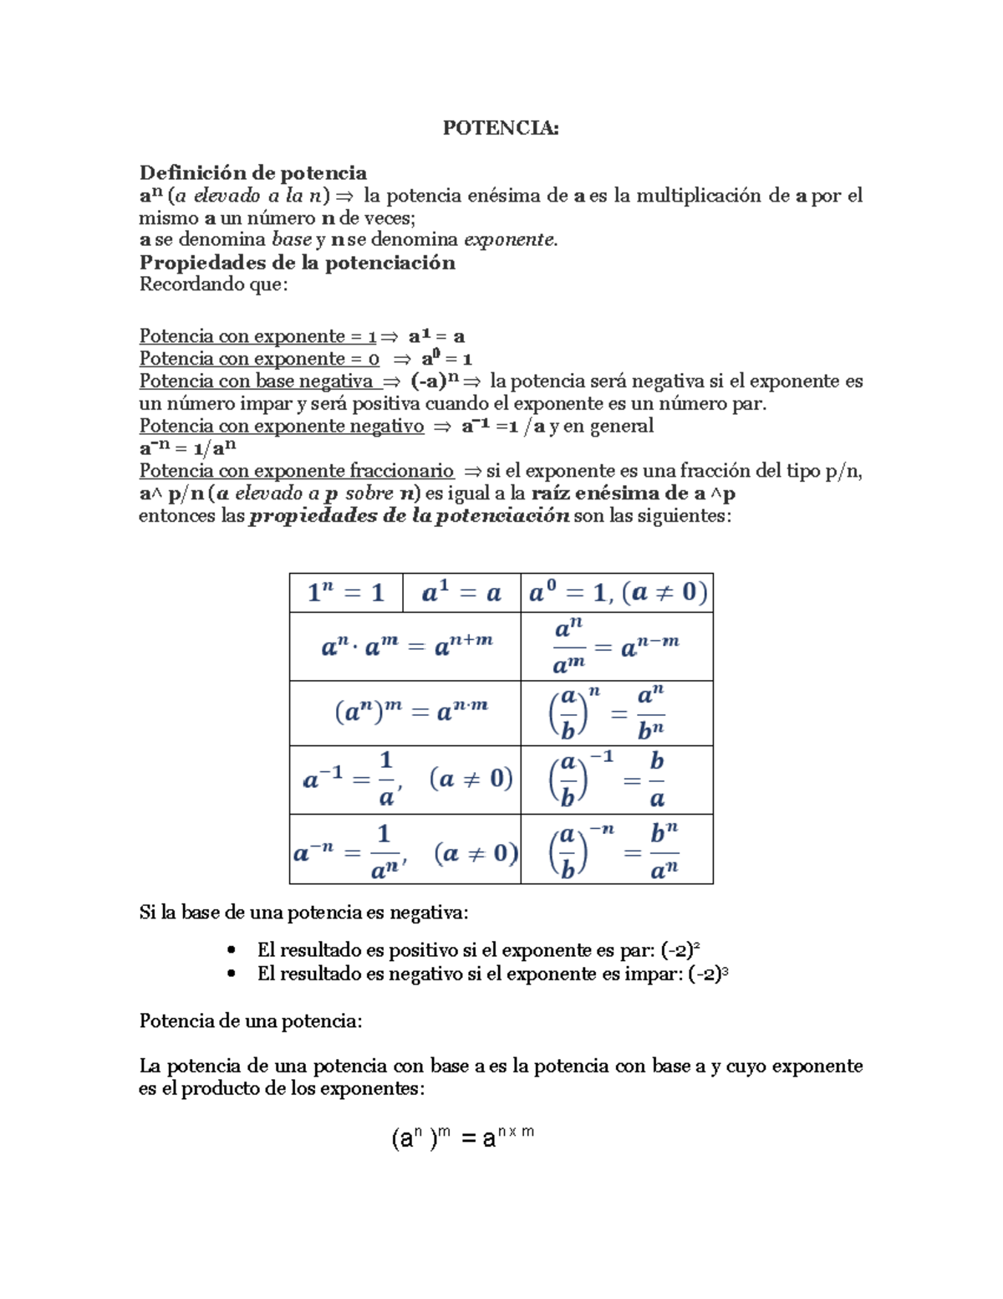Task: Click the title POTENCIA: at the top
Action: point(500,127)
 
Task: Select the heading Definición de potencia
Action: point(252,172)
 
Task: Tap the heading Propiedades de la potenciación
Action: point(297,263)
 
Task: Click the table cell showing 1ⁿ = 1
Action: point(345,593)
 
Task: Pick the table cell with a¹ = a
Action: point(461,593)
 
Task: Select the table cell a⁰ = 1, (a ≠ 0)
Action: point(617,593)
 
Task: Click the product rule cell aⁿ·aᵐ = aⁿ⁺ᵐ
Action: point(405,646)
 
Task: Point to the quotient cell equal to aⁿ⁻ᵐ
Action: point(617,646)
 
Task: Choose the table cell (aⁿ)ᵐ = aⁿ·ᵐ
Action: point(405,713)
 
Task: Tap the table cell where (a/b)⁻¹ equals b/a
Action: point(617,780)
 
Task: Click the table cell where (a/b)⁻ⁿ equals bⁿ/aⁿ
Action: point(617,850)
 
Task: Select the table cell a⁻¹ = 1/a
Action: point(405,780)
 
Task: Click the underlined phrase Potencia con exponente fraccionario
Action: point(296,471)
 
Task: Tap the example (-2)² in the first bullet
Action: point(680,950)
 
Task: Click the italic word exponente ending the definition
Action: point(509,240)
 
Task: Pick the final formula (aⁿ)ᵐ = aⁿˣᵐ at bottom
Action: point(462,1138)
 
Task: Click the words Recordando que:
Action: point(213,285)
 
